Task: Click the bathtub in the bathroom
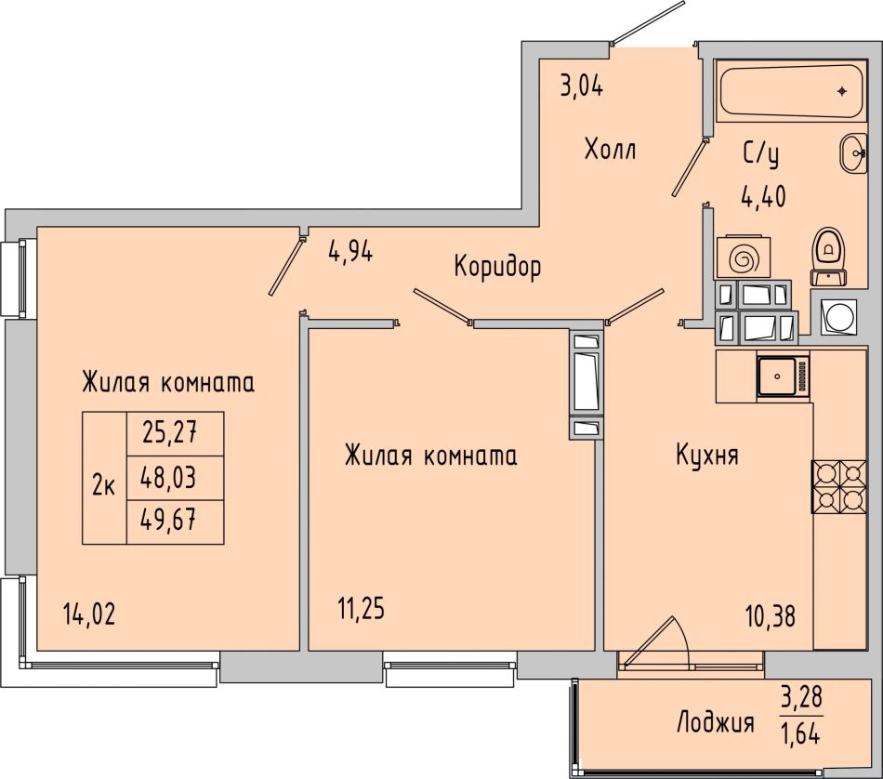coord(790,91)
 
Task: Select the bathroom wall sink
coord(853,153)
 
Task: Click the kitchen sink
coord(784,376)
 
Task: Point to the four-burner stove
coord(838,486)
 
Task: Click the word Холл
coord(611,151)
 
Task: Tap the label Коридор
coord(497,266)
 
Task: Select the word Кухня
coord(706,456)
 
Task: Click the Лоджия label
coord(715,722)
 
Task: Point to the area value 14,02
coord(89,614)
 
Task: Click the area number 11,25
coord(361,608)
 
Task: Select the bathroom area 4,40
coord(764,196)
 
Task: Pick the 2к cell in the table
coord(103,485)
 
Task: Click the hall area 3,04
coord(582,87)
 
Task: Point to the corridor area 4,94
coord(350,252)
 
